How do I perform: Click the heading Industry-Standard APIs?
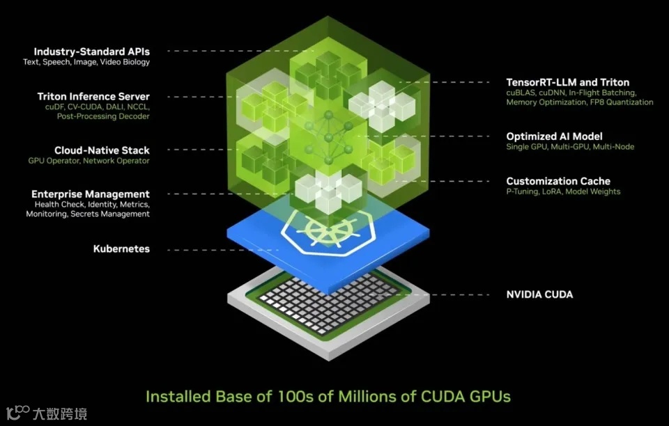pos(92,52)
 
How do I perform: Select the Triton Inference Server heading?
pos(93,97)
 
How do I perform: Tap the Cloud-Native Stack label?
pos(102,150)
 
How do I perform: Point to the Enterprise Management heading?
pos(91,194)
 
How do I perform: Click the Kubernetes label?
pos(121,248)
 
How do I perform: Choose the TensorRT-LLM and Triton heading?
pos(567,82)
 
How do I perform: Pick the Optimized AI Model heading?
pos(554,136)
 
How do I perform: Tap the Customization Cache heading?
pos(558,181)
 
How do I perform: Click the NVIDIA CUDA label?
pos(539,294)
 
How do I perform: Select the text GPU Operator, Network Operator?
pos(89,161)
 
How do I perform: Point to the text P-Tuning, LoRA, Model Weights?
pos(563,192)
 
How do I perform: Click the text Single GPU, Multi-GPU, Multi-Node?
pos(570,147)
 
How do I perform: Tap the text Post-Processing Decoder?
pos(103,117)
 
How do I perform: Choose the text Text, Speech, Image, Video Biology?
pos(86,63)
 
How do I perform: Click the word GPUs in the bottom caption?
pos(489,397)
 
